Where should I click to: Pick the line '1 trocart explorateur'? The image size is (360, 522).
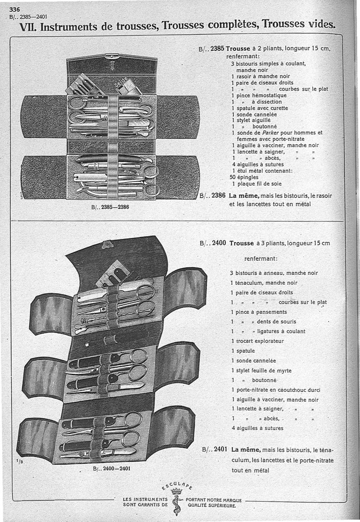(257, 341)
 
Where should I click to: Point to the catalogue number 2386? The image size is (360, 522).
(218, 195)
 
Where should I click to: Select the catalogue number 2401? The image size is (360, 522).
(220, 449)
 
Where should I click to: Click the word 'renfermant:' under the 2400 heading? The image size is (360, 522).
(261, 259)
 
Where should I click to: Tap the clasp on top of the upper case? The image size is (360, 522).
(110, 56)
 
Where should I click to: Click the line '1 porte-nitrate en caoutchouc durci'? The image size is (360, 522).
(275, 390)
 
